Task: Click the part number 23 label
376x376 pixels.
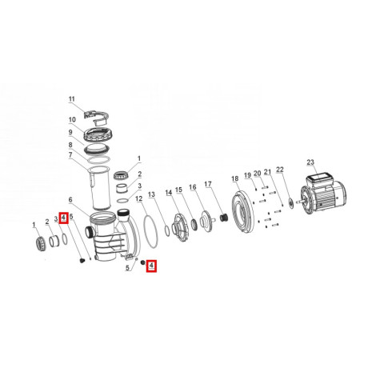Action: tap(310, 162)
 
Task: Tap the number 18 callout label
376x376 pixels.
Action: tap(235, 178)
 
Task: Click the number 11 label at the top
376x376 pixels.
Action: tap(72, 99)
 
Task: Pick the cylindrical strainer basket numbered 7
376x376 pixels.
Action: tap(100, 188)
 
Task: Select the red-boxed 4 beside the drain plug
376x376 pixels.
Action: tap(151, 266)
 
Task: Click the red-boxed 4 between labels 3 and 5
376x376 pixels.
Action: tap(63, 218)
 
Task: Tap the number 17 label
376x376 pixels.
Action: tap(208, 184)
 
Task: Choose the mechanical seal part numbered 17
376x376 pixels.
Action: tap(223, 218)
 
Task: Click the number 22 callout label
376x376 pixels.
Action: tap(280, 170)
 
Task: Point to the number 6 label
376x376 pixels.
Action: tap(70, 200)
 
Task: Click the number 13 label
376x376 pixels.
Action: tap(151, 194)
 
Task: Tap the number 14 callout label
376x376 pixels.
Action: tap(169, 193)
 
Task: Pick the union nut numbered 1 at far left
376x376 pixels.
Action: tap(41, 243)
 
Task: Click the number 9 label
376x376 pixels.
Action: tap(70, 132)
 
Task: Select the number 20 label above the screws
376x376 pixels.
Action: tap(257, 174)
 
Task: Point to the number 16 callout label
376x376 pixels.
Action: tap(193, 187)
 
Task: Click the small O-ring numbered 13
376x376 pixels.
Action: tap(167, 231)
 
